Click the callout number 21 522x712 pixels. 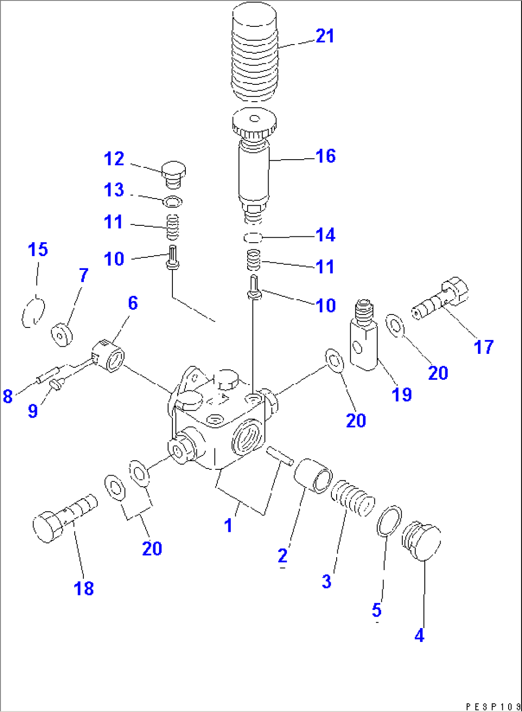click(325, 36)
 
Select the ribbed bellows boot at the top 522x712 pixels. click(254, 53)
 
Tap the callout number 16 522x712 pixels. click(325, 156)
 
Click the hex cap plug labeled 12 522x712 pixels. click(173, 175)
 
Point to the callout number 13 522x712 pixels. click(114, 190)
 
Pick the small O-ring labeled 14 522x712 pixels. click(252, 237)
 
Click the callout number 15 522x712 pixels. click(38, 249)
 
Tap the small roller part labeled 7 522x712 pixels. click(61, 334)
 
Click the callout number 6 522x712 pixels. click(133, 303)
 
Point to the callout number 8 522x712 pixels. click(8, 397)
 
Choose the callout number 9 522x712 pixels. click(33, 411)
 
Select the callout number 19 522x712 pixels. click(401, 395)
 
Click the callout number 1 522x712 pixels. click(228, 525)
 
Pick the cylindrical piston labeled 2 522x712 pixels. click(313, 475)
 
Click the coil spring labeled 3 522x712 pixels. click(352, 499)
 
